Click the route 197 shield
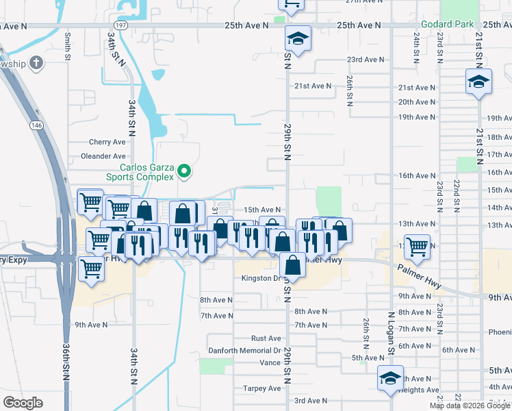(x=120, y=25)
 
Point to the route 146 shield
(x=36, y=125)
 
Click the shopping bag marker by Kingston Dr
(x=292, y=264)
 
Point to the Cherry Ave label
(x=107, y=142)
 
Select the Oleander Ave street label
(x=103, y=156)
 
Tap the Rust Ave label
(x=266, y=338)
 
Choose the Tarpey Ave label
(x=262, y=388)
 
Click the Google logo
(x=23, y=403)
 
